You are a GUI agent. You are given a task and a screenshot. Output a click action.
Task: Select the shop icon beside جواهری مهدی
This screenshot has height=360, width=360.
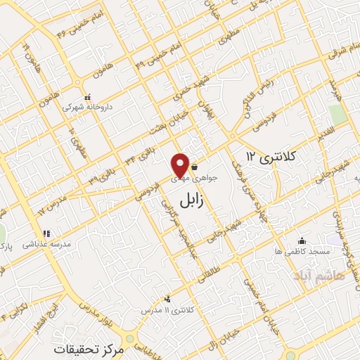pos(194,169)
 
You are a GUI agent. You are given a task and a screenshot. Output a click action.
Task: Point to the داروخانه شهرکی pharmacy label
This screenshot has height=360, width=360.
pos(87,108)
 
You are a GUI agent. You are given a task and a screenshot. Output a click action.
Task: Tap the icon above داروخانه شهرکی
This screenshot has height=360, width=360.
pos(87,97)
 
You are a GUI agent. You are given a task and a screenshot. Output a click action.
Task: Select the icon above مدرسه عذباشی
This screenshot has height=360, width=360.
pos(46,233)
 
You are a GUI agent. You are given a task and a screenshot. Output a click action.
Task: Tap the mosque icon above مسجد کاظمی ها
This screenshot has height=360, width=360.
pos(302,240)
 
